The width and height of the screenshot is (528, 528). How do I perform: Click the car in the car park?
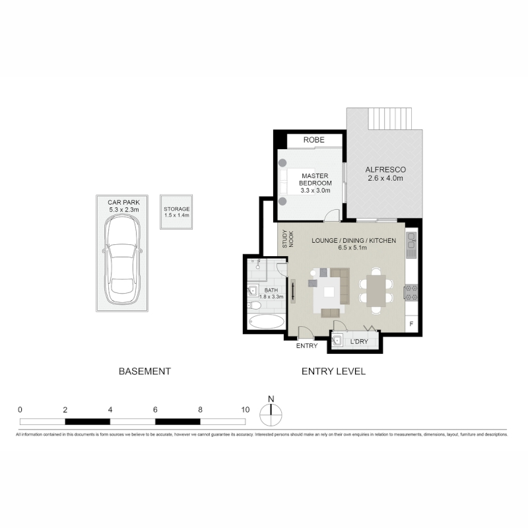(x=122, y=259)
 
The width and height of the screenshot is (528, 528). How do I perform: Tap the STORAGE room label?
(x=177, y=209)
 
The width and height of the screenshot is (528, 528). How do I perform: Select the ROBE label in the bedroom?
(x=314, y=140)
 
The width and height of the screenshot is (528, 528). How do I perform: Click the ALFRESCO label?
(x=385, y=170)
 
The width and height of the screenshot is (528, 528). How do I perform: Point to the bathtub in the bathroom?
(x=267, y=321)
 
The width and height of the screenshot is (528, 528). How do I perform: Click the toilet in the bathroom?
(x=254, y=306)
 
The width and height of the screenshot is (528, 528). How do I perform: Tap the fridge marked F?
(x=411, y=324)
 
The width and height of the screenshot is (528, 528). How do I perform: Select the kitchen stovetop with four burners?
(x=411, y=292)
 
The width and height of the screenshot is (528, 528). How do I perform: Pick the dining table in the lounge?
(x=376, y=291)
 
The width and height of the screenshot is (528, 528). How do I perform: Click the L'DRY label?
(x=359, y=341)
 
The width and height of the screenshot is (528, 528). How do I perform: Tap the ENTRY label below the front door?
(x=307, y=346)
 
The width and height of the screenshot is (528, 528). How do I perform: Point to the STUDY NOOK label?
(x=288, y=239)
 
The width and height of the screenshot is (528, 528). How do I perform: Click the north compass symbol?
(x=271, y=414)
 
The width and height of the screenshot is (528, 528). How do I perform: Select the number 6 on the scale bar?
(x=155, y=410)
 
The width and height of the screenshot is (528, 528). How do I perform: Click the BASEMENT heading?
(x=145, y=372)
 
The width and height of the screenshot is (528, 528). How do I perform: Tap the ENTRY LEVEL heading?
(x=333, y=372)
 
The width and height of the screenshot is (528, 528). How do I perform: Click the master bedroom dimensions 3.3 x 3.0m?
(x=315, y=191)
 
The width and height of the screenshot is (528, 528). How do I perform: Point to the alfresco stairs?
(x=390, y=119)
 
